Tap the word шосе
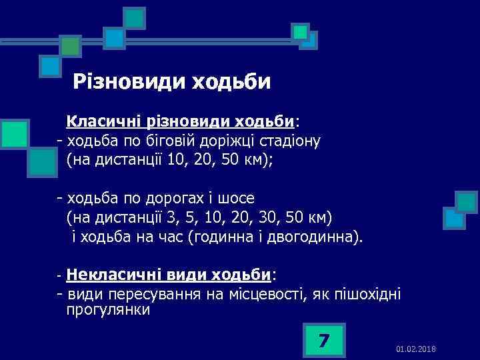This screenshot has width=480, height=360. click(241, 199)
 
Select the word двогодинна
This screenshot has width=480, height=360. click(320, 237)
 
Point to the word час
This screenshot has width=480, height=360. click(173, 237)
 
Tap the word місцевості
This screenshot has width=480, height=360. click(264, 293)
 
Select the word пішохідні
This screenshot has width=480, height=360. click(368, 293)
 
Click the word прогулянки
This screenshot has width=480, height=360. click(108, 310)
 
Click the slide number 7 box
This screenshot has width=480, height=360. click(323, 341)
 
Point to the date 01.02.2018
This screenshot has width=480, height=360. click(415, 349)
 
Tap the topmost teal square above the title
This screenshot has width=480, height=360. click(135, 17)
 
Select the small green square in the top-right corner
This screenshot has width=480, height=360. click(301, 31)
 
